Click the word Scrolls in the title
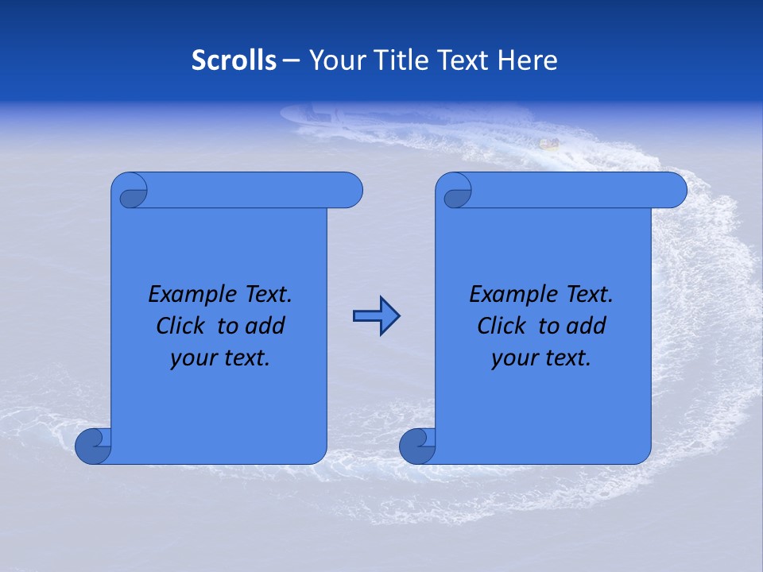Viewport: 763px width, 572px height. pyautogui.click(x=234, y=60)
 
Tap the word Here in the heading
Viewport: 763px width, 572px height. pyautogui.click(x=528, y=60)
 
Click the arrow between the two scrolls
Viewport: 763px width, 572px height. pyautogui.click(x=375, y=316)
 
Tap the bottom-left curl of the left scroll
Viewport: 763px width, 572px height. pyautogui.click(x=93, y=446)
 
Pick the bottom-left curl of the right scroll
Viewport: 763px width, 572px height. pyautogui.click(x=417, y=446)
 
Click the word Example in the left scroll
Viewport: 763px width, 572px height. pyautogui.click(x=184, y=295)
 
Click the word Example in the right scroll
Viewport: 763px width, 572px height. pyautogui.click(x=505, y=295)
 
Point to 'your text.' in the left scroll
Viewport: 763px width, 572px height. pyautogui.click(x=220, y=358)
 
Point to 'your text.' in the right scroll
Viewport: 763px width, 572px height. pyautogui.click(x=541, y=358)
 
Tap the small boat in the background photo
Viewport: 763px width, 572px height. pyautogui.click(x=548, y=144)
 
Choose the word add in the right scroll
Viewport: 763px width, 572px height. pyautogui.click(x=587, y=327)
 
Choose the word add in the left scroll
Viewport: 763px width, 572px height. pyautogui.click(x=266, y=327)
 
